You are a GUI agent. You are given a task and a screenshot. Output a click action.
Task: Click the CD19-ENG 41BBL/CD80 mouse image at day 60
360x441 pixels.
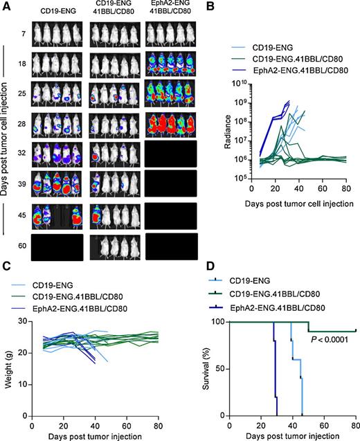tap(114, 246)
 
